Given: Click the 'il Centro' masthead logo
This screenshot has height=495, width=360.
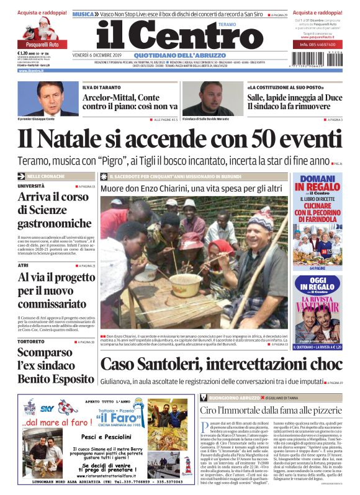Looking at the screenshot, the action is [x=179, y=37].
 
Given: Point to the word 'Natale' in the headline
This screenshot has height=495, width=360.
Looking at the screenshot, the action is [x=91, y=137].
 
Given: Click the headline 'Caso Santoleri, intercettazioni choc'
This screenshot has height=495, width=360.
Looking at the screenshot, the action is [x=221, y=363].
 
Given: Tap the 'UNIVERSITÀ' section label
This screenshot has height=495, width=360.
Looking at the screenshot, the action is [x=31, y=186].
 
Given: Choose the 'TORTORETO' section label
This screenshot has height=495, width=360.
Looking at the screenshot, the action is [x=31, y=342].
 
